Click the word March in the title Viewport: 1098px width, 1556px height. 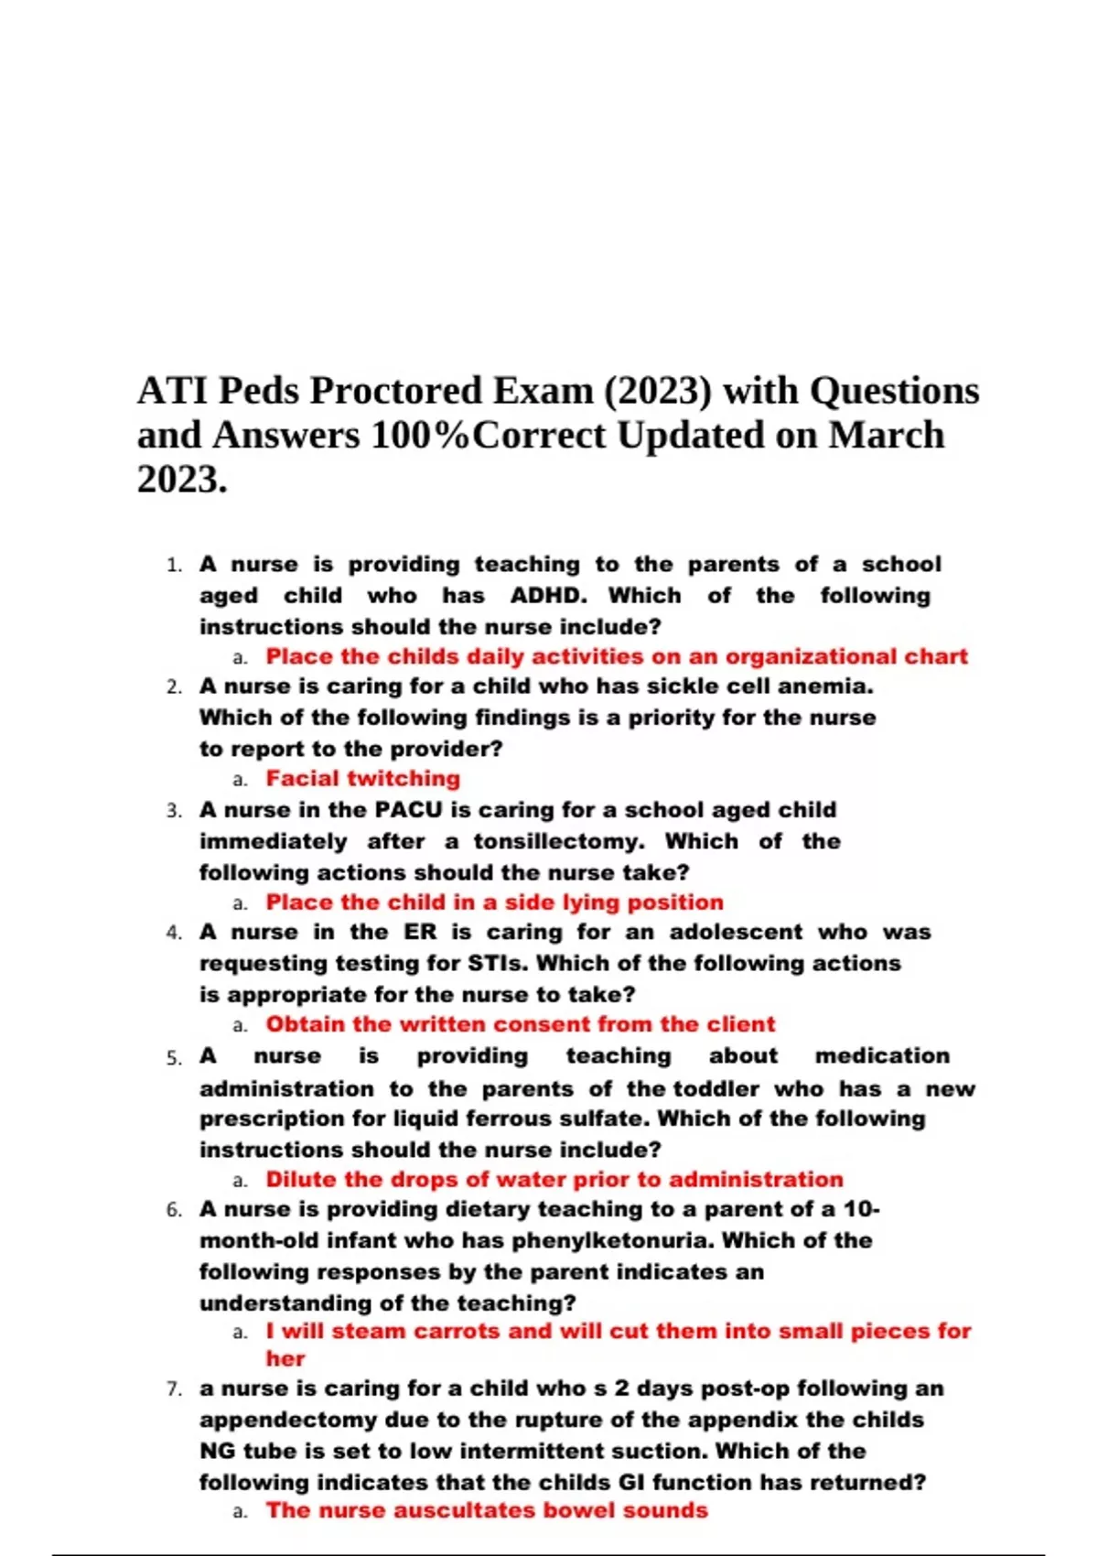pos(886,436)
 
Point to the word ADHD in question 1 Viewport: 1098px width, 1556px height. pos(548,596)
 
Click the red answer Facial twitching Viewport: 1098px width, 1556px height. pos(363,779)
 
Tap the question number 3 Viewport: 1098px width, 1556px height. pos(174,811)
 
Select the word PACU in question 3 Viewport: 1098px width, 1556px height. pos(409,810)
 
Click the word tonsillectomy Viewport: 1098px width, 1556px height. pos(558,841)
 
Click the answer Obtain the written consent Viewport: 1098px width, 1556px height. pos(520,1024)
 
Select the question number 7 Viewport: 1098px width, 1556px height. pos(174,1389)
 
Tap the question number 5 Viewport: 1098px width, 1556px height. pos(174,1058)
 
